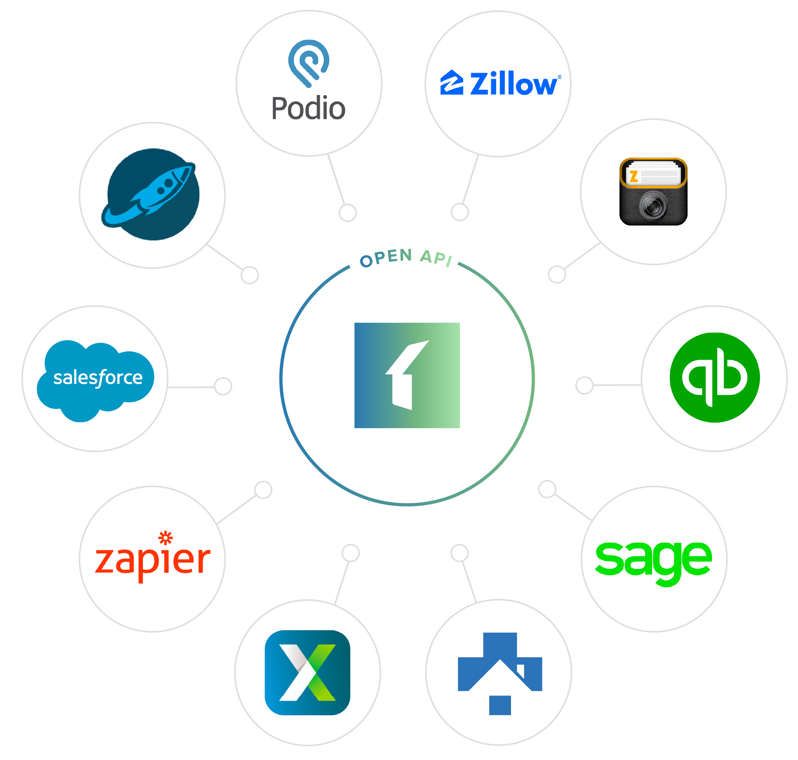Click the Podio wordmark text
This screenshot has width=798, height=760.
[308, 108]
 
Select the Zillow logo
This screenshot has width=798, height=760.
[500, 83]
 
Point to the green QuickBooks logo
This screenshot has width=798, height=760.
[714, 378]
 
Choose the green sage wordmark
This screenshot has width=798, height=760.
[653, 561]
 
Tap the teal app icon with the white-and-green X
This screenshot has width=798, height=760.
[307, 673]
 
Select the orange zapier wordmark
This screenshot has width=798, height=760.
[152, 561]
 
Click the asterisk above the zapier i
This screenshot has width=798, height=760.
[165, 538]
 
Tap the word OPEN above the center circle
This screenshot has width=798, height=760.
[386, 258]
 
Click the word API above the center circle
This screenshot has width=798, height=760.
[436, 258]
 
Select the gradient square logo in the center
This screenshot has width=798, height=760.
[407, 375]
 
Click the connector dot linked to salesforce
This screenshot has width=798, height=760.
[223, 386]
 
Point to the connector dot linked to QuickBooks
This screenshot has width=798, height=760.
[584, 385]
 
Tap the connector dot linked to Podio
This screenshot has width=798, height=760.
[347, 213]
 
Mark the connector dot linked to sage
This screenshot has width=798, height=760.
[547, 489]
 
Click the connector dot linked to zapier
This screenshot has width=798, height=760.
[264, 490]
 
